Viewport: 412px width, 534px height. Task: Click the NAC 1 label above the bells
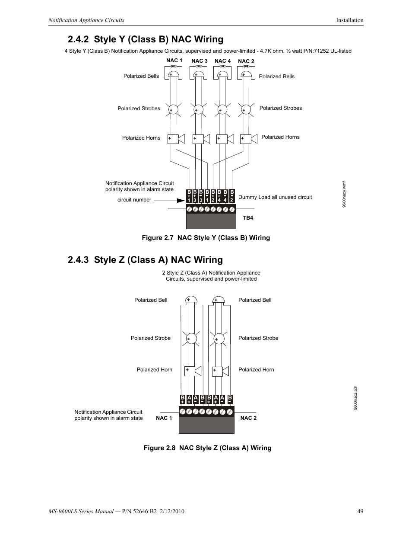[174, 61]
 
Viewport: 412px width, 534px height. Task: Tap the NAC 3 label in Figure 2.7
[200, 61]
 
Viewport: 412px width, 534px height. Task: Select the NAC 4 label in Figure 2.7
[223, 61]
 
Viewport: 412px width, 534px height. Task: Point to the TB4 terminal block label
[248, 218]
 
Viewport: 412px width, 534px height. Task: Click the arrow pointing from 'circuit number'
[169, 200]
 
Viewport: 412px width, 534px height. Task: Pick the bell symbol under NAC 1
[173, 74]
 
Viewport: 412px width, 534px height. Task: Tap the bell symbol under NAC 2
[246, 74]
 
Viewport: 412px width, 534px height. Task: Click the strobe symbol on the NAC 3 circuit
[198, 110]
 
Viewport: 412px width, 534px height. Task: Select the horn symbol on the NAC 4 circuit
[225, 139]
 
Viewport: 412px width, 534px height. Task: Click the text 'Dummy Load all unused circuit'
[275, 197]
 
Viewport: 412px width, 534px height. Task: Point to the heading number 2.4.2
[78, 39]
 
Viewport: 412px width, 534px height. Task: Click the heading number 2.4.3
[78, 260]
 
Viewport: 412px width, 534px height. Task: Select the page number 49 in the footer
[360, 512]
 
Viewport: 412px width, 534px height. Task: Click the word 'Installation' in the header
[350, 20]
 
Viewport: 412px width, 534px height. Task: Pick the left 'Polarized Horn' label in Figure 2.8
[154, 370]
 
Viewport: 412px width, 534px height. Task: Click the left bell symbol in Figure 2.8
[191, 300]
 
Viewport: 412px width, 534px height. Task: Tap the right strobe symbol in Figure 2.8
[219, 338]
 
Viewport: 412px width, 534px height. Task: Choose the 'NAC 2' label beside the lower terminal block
[248, 418]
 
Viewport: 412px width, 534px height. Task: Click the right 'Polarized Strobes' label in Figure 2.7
[281, 108]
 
